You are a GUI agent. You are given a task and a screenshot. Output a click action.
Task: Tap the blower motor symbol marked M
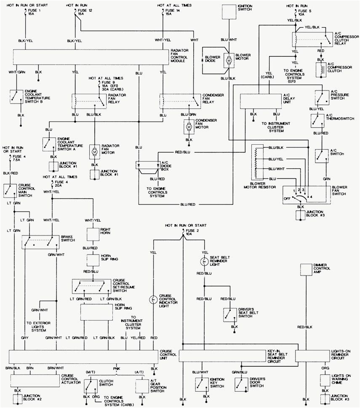coord(229,61)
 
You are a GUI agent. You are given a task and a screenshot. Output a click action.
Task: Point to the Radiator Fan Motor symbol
coord(94,151)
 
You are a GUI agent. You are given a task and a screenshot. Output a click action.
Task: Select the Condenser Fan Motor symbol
coord(189,126)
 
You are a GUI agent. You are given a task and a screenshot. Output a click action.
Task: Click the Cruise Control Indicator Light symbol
coord(154,300)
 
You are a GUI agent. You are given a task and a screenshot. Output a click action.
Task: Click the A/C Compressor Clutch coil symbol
coord(321,69)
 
